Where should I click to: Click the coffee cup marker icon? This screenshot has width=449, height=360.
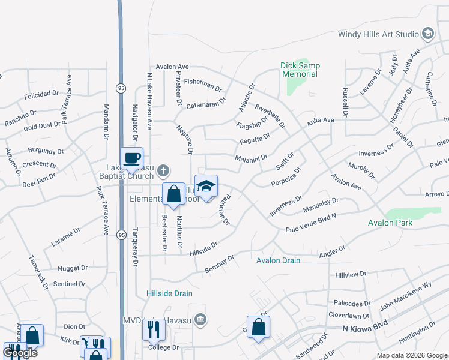pos(131,158)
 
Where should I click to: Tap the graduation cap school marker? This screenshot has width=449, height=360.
pos(206,186)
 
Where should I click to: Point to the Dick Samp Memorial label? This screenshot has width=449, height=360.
pos(300,70)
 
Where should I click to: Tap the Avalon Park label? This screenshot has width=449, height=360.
pos(390,223)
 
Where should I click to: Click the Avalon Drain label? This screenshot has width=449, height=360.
pos(278,260)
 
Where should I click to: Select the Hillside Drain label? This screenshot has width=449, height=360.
pos(169,293)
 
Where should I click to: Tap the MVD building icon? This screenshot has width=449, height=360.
pos(200,319)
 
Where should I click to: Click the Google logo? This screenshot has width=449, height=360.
pos(20,353)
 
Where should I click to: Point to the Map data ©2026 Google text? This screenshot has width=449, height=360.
pos(412,355)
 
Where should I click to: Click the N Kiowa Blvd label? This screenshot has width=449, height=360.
pos(363,328)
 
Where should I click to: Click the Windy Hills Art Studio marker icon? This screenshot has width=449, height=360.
pos(428,33)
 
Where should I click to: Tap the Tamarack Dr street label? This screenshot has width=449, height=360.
pos(38,272)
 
